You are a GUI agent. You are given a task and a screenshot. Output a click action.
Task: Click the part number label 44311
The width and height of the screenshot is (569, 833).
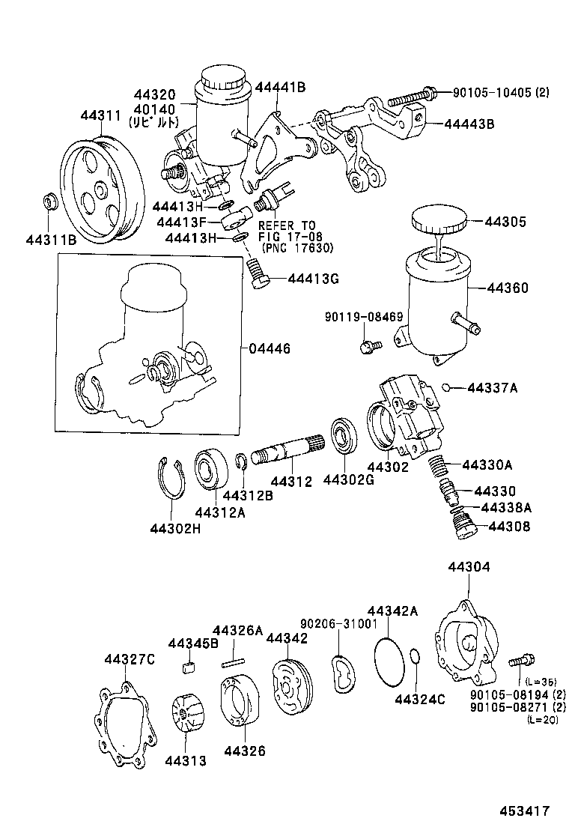100,115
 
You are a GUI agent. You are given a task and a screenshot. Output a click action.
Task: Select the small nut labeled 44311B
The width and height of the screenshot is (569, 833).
51,202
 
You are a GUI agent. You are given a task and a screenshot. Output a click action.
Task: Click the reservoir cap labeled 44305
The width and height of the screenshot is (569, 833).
439,222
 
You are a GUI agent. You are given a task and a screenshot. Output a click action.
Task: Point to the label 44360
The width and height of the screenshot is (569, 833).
508,288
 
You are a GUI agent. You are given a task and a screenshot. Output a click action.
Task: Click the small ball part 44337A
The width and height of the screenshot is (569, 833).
445,387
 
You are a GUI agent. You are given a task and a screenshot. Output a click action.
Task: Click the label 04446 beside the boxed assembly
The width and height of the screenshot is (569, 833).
270,349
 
